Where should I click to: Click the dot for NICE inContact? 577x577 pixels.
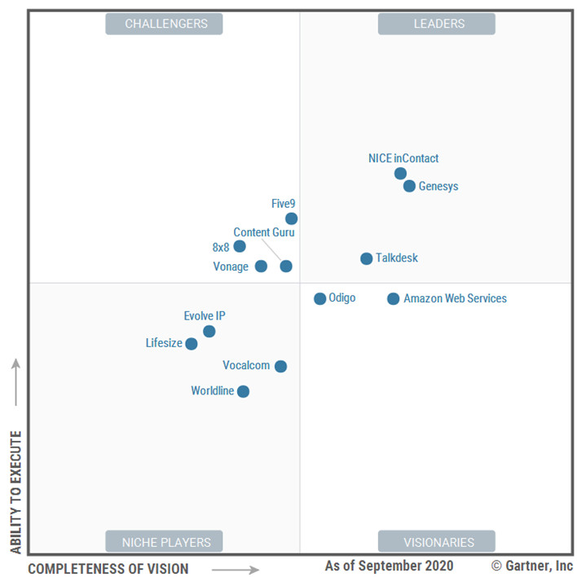(x=400, y=174)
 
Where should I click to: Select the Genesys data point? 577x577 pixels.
(x=409, y=186)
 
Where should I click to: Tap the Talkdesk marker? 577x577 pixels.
(x=367, y=258)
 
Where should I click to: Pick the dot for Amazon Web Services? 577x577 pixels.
(x=394, y=299)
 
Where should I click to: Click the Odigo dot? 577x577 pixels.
(x=320, y=299)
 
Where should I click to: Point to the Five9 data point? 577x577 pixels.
(x=291, y=218)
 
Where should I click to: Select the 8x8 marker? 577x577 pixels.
(x=240, y=246)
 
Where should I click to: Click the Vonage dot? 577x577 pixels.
(x=261, y=266)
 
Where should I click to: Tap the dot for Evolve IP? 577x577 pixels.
(x=209, y=331)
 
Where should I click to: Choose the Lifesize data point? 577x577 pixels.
(x=192, y=344)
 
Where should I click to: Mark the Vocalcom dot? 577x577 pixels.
(x=280, y=366)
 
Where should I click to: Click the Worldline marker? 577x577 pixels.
(x=243, y=391)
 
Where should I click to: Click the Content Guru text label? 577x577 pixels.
(x=264, y=232)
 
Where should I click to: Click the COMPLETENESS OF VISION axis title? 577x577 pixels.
(x=108, y=569)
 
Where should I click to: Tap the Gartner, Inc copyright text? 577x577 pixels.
(x=532, y=566)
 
